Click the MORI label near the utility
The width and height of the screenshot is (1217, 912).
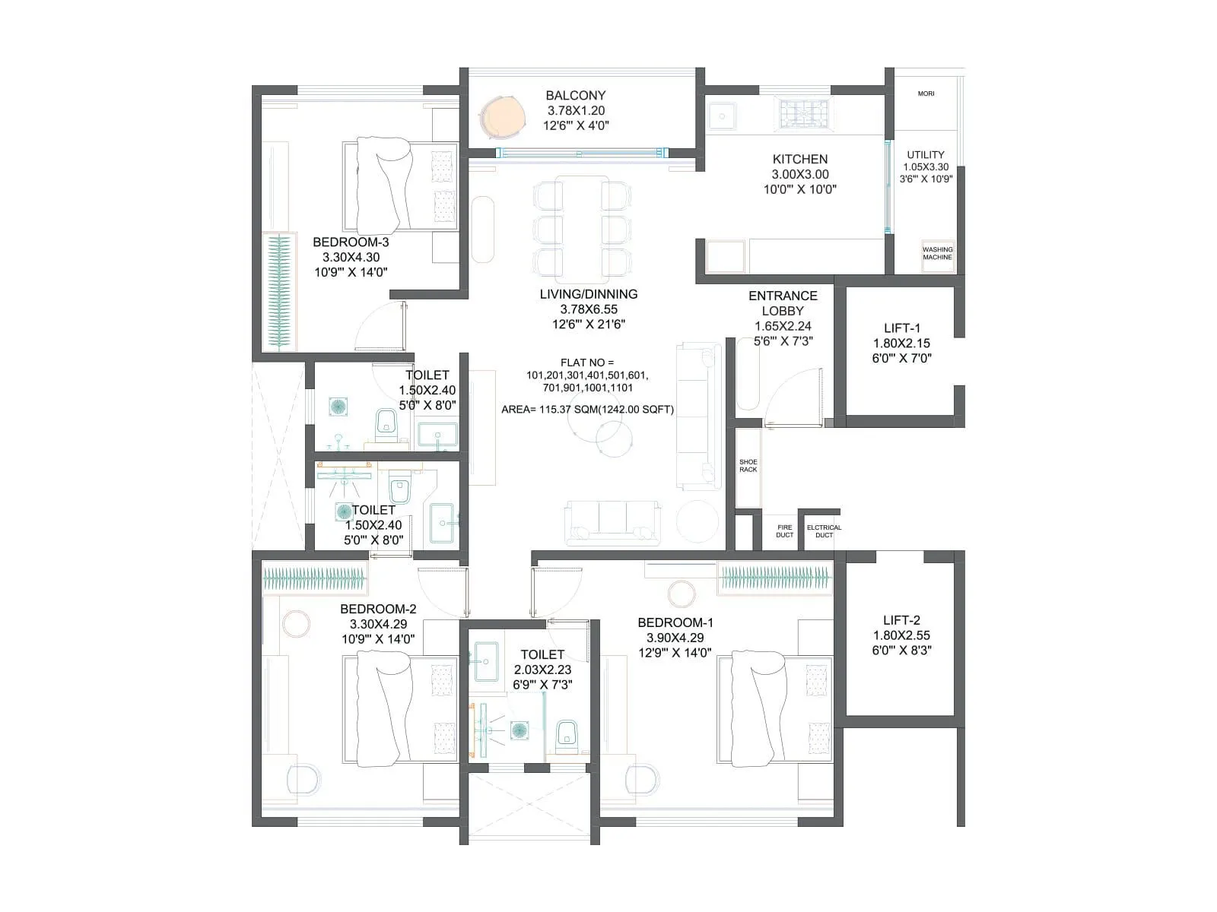point(926,93)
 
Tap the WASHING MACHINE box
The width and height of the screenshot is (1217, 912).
point(937,253)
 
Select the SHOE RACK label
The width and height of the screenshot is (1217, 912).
point(748,466)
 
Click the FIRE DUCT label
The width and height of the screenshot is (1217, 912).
point(784,530)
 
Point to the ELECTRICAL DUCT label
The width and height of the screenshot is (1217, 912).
point(824,530)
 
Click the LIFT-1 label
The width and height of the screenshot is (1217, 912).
point(902,328)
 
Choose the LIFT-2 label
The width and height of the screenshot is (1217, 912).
point(901,620)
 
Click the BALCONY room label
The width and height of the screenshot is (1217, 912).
point(576,96)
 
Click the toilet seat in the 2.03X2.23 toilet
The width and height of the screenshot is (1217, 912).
point(567,735)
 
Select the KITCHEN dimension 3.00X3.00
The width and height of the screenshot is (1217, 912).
point(800,174)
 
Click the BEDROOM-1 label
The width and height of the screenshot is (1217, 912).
point(675,622)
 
